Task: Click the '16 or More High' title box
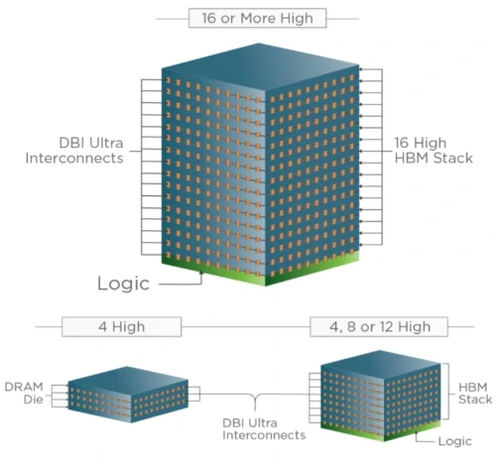coord(257,18)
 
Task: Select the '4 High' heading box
coord(121,327)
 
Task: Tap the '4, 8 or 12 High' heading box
coord(379,327)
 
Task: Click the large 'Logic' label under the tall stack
coord(123,284)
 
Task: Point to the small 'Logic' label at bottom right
coord(455,441)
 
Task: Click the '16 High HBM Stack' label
coord(434,151)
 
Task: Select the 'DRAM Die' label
coord(24,393)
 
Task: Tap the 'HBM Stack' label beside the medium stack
coord(475,394)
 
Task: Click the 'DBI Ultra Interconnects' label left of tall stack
coord(74,151)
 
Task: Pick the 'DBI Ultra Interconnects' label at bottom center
coord(264,429)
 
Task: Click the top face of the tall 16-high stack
coord(260,66)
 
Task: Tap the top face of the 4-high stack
coord(128,380)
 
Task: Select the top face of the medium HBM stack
coord(381,364)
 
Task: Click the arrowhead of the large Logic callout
coord(200,273)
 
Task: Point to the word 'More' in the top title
coord(258,18)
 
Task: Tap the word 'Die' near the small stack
coord(34,400)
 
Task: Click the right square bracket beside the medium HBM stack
coord(448,392)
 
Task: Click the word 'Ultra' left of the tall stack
coord(106,143)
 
